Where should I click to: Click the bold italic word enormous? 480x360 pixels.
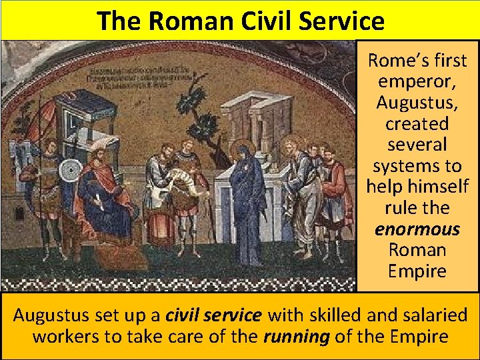coord(417,229)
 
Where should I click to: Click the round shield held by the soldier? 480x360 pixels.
coord(69,171)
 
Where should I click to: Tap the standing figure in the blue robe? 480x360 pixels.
coord(248,200)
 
